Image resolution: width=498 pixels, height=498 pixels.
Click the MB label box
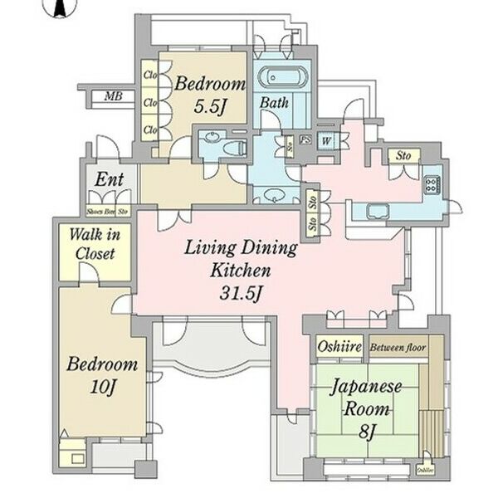tap(114, 97)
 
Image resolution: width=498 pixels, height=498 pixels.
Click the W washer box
tap(327, 140)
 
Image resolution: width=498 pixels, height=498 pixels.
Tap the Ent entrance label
tap(110, 178)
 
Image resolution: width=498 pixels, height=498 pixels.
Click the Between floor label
tap(398, 348)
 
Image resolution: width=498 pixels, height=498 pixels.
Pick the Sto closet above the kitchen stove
tap(404, 155)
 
